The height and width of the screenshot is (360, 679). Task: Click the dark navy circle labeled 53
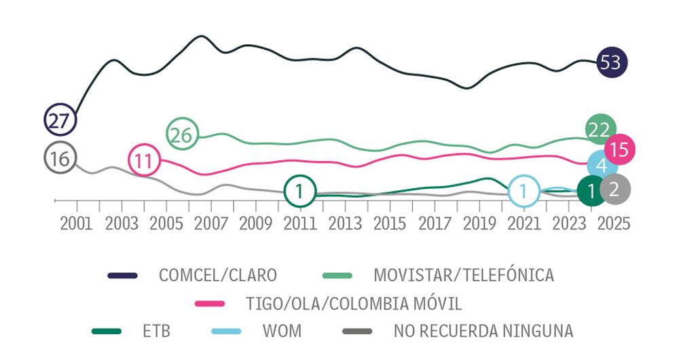[x=611, y=62]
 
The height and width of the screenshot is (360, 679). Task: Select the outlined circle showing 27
[x=60, y=121]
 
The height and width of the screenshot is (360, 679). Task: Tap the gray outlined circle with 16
[x=60, y=158]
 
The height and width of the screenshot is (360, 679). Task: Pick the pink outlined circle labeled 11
[x=143, y=160]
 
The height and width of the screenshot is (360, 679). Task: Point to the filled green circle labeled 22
[x=600, y=129]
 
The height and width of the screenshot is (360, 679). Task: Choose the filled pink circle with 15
[x=619, y=149]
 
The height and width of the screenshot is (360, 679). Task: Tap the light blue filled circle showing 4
[x=602, y=166]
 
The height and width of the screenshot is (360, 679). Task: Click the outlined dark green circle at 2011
[x=299, y=191]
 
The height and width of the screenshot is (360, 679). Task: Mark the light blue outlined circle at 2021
[x=523, y=191]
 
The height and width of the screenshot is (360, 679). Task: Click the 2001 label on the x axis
[x=76, y=223]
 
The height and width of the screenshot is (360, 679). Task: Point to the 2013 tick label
[x=344, y=223]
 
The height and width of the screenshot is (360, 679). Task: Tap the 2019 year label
[x=479, y=223]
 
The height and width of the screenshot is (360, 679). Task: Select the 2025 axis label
[x=613, y=223]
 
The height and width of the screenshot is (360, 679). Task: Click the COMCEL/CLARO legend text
[x=217, y=275]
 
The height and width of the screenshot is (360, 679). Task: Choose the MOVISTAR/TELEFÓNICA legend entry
[x=464, y=275]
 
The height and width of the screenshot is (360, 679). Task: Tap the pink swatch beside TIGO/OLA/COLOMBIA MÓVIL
[x=209, y=303]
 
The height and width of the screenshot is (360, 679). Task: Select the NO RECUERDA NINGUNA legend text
[x=483, y=331]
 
